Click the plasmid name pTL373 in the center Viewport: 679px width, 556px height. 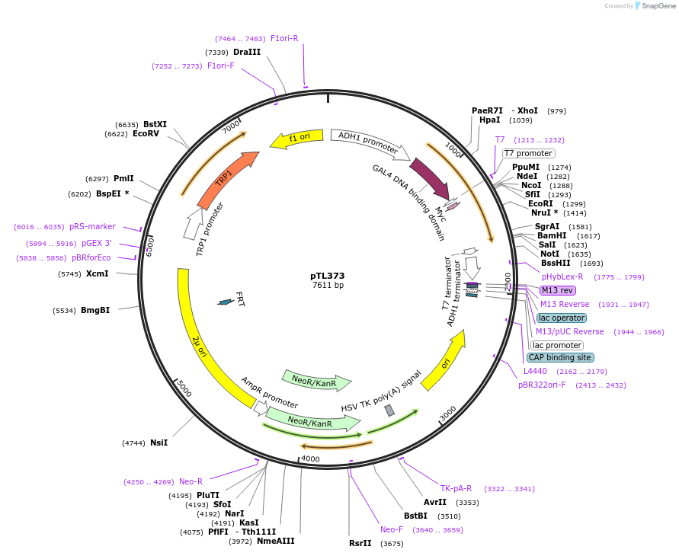click(328, 276)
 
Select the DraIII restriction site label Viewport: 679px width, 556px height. click(247, 52)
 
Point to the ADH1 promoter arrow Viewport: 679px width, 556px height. click(367, 142)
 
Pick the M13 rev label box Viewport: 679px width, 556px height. click(558, 290)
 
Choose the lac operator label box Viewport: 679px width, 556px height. click(561, 318)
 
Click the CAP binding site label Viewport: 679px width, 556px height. click(560, 357)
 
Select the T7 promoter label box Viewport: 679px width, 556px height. click(528, 153)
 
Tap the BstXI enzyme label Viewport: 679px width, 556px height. click(155, 124)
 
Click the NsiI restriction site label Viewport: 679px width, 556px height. click(159, 443)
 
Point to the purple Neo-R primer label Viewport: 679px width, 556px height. click(191, 481)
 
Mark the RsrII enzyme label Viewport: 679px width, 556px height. click(360, 543)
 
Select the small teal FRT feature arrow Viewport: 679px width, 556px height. click(225, 302)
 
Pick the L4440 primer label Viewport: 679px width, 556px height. click(535, 371)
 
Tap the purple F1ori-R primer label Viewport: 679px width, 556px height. click(284, 38)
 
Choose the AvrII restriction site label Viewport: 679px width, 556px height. click(435, 502)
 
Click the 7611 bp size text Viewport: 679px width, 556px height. click(328, 286)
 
